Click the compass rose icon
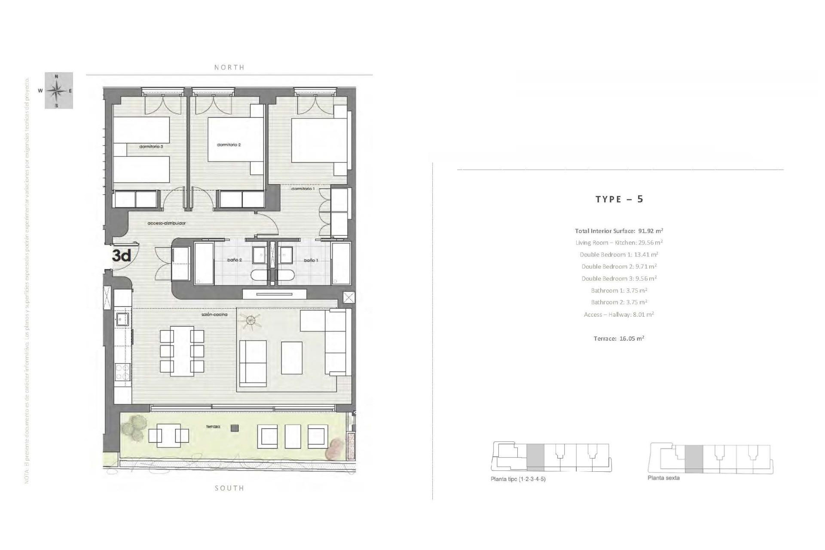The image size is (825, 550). [x=58, y=91]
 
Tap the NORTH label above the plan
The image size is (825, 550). [x=229, y=67]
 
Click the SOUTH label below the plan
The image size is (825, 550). [x=229, y=488]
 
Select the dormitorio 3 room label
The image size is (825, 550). [x=151, y=147]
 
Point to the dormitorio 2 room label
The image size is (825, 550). [x=229, y=145]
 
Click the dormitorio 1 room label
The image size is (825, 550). [x=303, y=189]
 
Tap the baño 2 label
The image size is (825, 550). [x=234, y=260]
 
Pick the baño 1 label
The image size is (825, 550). [x=311, y=260]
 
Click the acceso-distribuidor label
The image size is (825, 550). [x=166, y=223]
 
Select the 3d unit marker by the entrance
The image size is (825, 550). [x=121, y=256]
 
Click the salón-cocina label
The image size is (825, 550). [x=214, y=315]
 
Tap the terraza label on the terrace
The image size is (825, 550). [x=213, y=427]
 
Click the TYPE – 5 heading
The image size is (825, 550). [x=619, y=199]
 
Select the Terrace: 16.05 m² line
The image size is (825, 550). [x=619, y=339]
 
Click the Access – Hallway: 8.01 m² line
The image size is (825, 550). [x=619, y=315]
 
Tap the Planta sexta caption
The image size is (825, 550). [x=663, y=478]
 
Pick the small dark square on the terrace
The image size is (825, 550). [x=234, y=428]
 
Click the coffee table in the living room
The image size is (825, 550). [x=291, y=357]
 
